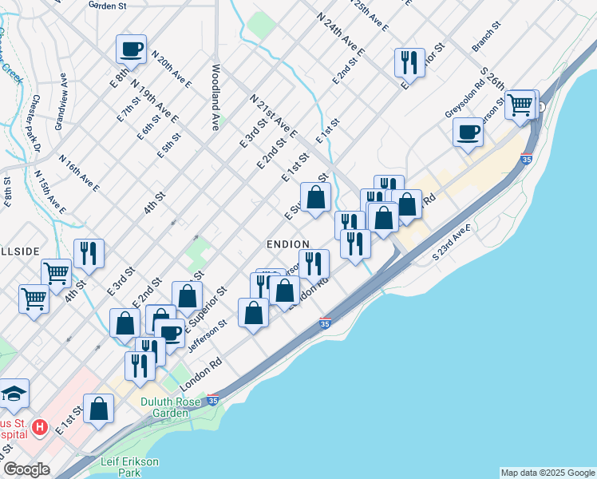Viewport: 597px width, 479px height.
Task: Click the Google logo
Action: click(26, 469)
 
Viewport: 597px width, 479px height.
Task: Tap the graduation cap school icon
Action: click(14, 393)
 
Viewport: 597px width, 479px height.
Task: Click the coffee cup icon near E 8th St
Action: click(131, 49)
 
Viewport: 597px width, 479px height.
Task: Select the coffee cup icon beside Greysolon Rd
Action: click(468, 131)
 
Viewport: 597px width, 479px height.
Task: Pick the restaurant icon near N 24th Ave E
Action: click(409, 62)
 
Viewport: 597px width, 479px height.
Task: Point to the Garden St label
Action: click(109, 5)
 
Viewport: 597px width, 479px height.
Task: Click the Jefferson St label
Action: click(208, 336)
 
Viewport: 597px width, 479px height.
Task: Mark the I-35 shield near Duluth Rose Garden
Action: click(212, 400)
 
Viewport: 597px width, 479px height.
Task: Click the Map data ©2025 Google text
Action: click(547, 473)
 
